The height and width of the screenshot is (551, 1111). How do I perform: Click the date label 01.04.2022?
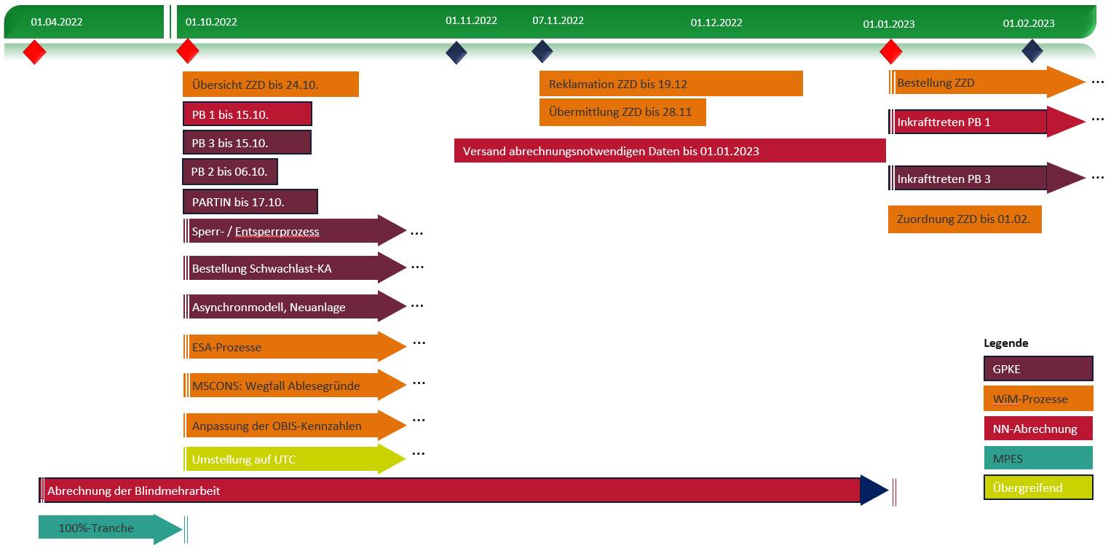click(x=57, y=22)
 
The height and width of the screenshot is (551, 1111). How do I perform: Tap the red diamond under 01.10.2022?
click(x=188, y=52)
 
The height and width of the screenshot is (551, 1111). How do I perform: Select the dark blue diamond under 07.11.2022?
click(x=542, y=52)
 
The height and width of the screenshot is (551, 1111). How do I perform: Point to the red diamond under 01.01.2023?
click(x=891, y=52)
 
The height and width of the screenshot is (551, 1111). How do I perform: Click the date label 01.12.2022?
click(x=716, y=23)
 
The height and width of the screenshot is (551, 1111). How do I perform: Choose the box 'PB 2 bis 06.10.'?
click(x=229, y=172)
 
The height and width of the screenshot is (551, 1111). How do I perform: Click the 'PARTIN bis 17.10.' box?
click(x=250, y=202)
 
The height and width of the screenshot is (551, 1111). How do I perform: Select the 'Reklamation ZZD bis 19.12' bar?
click(x=671, y=84)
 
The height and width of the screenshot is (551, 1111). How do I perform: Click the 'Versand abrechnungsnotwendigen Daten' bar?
click(x=670, y=151)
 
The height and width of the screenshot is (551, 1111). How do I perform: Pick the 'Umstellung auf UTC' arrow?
click(x=291, y=460)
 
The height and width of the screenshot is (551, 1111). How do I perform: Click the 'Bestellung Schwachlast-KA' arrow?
click(x=291, y=269)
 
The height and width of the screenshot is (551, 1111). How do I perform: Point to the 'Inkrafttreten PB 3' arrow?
click(x=983, y=179)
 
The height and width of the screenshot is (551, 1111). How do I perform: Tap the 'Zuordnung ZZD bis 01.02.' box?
click(x=965, y=219)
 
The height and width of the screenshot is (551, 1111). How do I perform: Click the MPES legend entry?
click(x=1038, y=458)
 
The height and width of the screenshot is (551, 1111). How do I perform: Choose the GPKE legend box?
click(x=1038, y=369)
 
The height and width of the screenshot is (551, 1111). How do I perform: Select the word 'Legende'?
click(x=1005, y=343)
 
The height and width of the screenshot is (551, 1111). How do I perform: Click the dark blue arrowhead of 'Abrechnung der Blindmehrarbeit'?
click(x=873, y=491)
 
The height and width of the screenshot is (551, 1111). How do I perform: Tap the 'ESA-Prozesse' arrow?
click(x=291, y=347)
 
